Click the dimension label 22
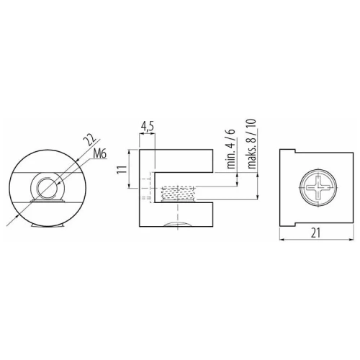click(89, 140)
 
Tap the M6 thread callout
click(99, 155)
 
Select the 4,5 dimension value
click(148, 127)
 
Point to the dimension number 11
click(122, 169)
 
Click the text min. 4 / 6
click(231, 149)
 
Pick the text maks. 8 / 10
click(252, 143)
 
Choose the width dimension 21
click(315, 233)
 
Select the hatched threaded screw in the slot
click(179, 193)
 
